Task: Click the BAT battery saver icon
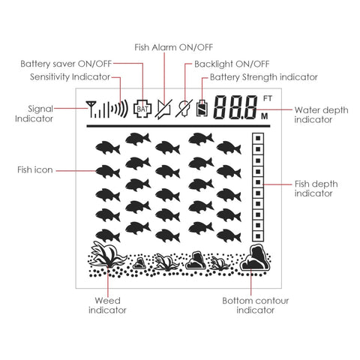point(142,109)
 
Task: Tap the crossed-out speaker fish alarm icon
point(163,109)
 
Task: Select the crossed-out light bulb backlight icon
point(184,108)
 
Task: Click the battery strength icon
point(202,108)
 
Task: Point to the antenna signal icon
point(91,109)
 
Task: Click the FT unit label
point(268,98)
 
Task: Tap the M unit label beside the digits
point(265,116)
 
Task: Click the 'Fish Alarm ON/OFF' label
point(174,47)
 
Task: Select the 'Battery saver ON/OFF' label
point(66,64)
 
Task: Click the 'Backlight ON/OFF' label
point(232,64)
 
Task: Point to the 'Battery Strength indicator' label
point(264,77)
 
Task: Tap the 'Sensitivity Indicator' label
point(70,76)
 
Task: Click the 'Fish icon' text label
point(35,169)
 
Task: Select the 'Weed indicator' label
point(107,305)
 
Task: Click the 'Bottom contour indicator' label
point(256,305)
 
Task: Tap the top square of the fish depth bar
point(258,138)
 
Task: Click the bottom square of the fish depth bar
point(258,235)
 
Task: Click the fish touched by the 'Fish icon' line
point(108,172)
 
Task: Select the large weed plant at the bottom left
point(107,254)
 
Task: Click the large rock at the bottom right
point(256,258)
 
